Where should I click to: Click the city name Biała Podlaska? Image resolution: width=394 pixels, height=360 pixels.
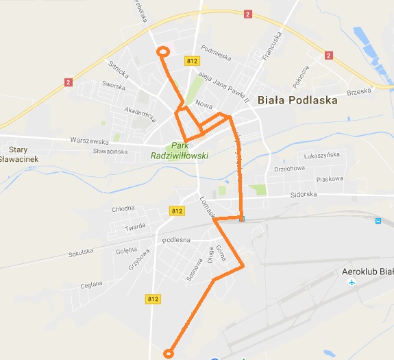pyautogui.click(x=297, y=100)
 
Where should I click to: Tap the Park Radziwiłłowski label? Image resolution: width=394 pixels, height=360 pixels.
pyautogui.click(x=180, y=150)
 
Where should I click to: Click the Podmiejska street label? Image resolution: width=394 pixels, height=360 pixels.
pyautogui.click(x=216, y=49)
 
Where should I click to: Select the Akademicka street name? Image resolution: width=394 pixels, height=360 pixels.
pyautogui.click(x=140, y=114)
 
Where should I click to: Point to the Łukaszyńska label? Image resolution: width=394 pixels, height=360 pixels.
pyautogui.click(x=321, y=155)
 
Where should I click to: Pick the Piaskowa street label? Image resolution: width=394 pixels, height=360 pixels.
pyautogui.click(x=329, y=179)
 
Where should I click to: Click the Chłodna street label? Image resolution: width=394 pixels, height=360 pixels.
pyautogui.click(x=123, y=209)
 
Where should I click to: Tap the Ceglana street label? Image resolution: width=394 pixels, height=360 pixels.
pyautogui.click(x=91, y=284)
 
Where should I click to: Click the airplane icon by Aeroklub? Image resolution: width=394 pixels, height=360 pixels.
pyautogui.click(x=352, y=283)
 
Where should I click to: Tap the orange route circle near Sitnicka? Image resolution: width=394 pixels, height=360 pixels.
pyautogui.click(x=163, y=51)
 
